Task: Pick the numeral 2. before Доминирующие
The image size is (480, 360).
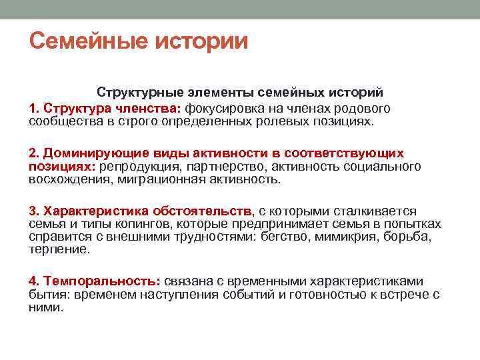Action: tap(34, 153)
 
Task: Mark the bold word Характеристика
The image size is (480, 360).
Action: tap(91, 211)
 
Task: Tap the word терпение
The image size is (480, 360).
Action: tap(59, 249)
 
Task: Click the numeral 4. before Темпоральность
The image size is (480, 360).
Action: tap(34, 281)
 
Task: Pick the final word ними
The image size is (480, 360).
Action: tap(45, 307)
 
